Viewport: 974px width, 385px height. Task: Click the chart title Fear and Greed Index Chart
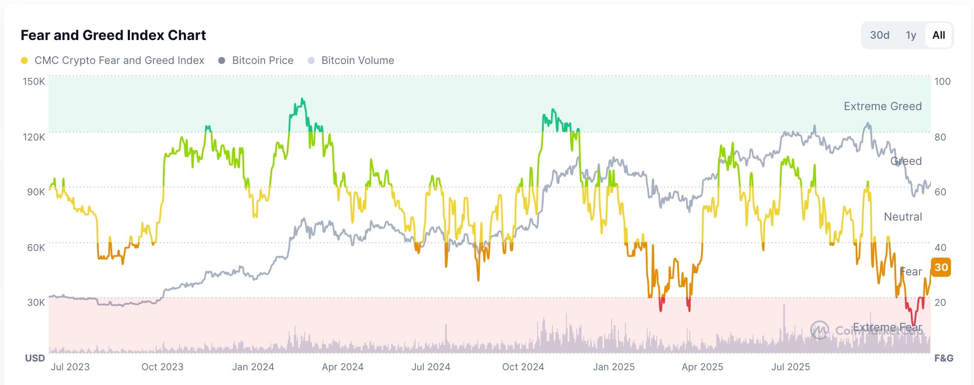pos(113,35)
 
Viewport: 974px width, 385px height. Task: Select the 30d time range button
pos(879,35)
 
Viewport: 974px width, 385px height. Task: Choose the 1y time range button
pos(911,35)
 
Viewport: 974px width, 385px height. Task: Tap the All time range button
pos(938,35)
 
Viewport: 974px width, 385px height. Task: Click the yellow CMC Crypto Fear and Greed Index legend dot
pos(24,60)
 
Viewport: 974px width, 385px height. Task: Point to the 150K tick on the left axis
pos(34,81)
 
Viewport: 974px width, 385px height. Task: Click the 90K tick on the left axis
pos(36,192)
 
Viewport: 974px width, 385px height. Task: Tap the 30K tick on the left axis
pos(36,302)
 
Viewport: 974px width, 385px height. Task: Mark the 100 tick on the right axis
pos(942,81)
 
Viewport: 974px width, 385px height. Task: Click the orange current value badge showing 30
pos(941,267)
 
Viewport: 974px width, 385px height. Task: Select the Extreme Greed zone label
pos(882,106)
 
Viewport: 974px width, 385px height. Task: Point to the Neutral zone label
pos(903,217)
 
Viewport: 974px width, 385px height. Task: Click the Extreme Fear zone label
pos(887,327)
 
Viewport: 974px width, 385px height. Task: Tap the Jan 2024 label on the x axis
pos(253,367)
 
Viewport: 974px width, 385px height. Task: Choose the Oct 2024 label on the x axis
pos(523,367)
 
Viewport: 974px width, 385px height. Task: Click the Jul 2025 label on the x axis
pos(790,367)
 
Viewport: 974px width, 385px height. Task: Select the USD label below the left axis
pos(35,358)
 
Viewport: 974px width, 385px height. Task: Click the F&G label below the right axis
pos(944,358)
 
